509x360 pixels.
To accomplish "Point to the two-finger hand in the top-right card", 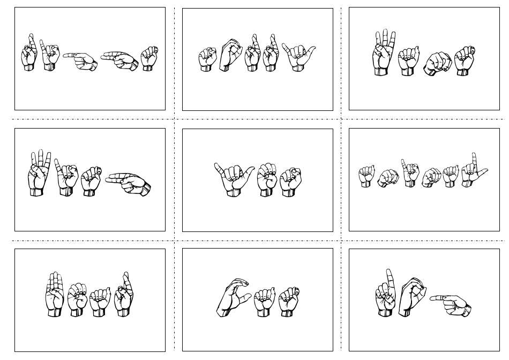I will tap(384, 54).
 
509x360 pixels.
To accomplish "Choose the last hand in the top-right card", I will tap(464, 59).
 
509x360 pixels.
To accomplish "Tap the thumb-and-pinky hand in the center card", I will tap(234, 175).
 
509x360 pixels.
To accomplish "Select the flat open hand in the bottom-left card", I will tap(55, 295).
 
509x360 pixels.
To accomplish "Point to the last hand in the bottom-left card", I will tap(124, 295).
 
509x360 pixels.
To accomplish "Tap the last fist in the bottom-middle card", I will tap(288, 302).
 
